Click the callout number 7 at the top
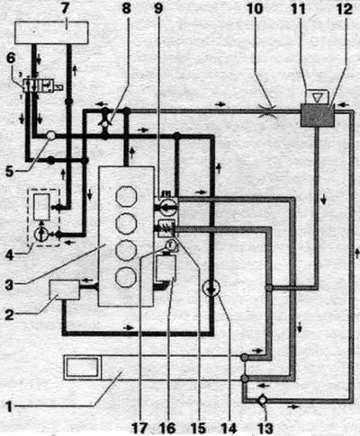coord(67,8)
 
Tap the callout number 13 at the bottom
coord(265,428)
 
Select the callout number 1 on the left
coord(10,407)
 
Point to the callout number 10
coord(255,8)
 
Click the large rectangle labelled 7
coord(51,33)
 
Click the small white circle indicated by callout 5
coord(51,136)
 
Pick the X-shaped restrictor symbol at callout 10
coord(267,111)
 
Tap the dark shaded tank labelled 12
coord(317,115)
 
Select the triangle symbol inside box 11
coord(316,97)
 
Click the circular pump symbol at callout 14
coord(211,289)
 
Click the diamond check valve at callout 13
coord(262,400)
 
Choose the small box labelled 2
coord(65,289)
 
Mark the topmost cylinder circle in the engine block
coord(126,196)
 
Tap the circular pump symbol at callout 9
coord(166,208)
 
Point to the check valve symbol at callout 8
coord(105,123)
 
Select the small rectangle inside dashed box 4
coord(41,207)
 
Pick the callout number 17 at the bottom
coord(140,428)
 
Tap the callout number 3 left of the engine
coord(9,284)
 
